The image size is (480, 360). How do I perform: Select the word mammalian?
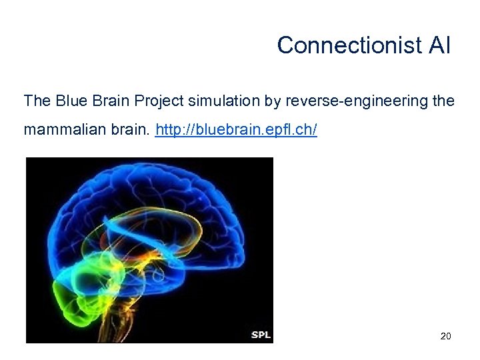pyautogui.click(x=60, y=130)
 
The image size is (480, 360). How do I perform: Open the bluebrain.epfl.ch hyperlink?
pyautogui.click(x=236, y=130)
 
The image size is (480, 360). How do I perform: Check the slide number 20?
pyautogui.click(x=446, y=336)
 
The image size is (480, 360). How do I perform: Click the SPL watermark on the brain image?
pyautogui.click(x=261, y=335)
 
